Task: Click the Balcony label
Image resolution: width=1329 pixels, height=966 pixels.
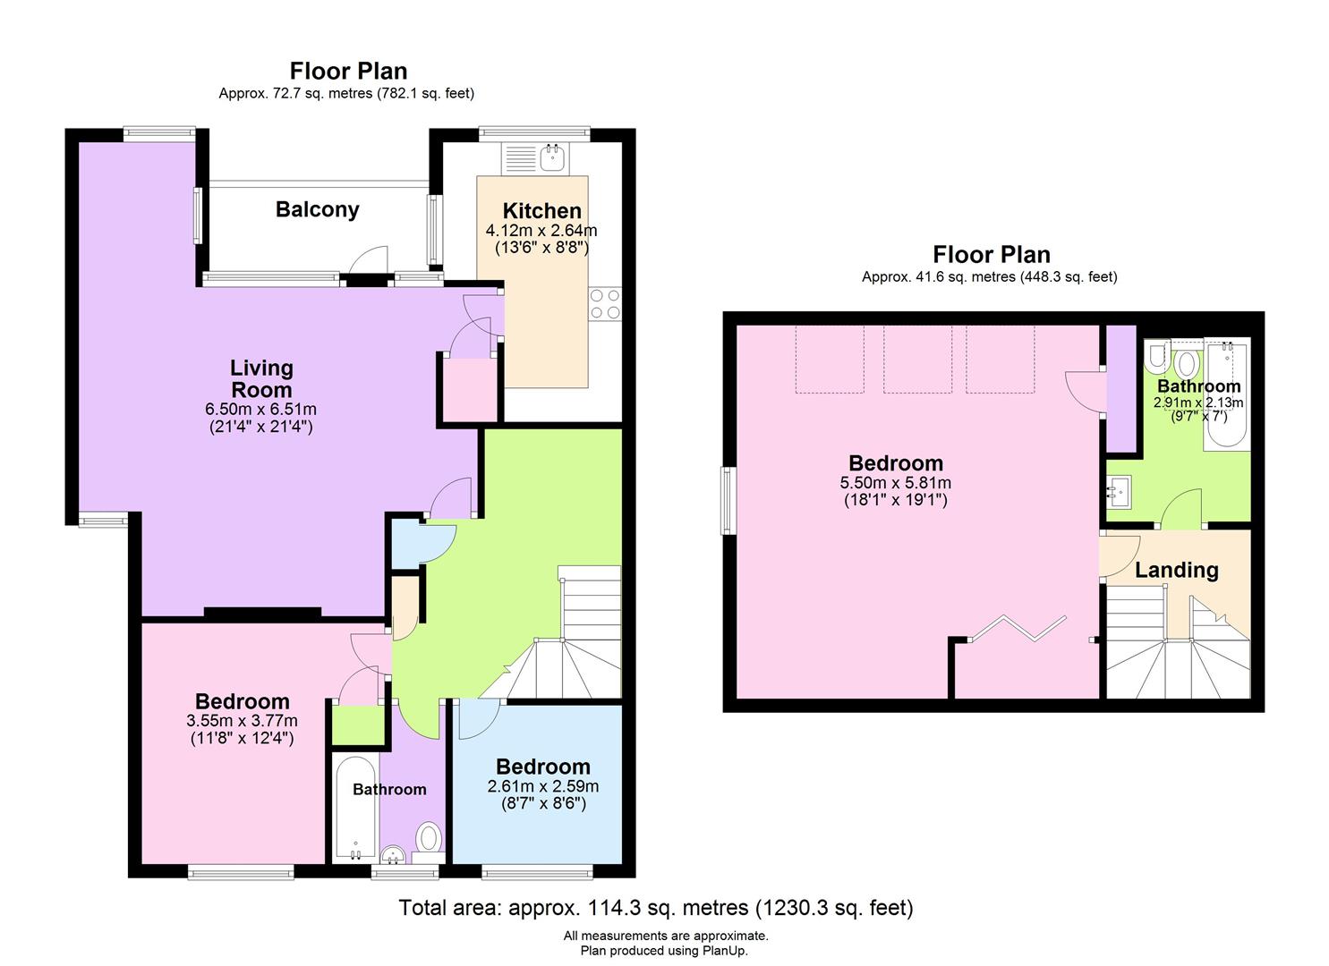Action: point(318,210)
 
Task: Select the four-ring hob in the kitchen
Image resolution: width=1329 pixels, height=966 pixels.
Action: point(605,304)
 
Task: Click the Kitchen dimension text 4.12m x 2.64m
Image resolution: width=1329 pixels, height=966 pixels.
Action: point(541,230)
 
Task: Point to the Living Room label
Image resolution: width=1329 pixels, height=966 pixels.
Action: point(261,379)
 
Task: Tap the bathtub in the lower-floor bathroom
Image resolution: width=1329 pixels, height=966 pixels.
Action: point(354,809)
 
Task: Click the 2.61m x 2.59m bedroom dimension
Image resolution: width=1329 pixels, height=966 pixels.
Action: point(543,786)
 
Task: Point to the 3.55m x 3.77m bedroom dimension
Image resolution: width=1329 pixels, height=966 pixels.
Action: point(242,721)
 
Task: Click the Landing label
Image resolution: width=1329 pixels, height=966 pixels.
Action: point(1177,570)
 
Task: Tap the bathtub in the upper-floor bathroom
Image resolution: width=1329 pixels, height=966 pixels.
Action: point(1226,394)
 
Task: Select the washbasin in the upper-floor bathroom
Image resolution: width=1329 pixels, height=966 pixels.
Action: point(1120,491)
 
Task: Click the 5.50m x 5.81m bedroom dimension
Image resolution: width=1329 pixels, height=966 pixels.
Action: point(895,483)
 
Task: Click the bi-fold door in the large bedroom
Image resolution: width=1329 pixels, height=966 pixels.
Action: point(1018,629)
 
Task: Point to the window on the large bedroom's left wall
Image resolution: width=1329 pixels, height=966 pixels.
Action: point(728,501)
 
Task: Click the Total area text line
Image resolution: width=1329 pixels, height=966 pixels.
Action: point(656,907)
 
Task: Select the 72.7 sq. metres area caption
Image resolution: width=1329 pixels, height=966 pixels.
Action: point(346,94)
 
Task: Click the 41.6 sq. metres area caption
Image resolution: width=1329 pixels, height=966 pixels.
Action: point(990,277)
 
